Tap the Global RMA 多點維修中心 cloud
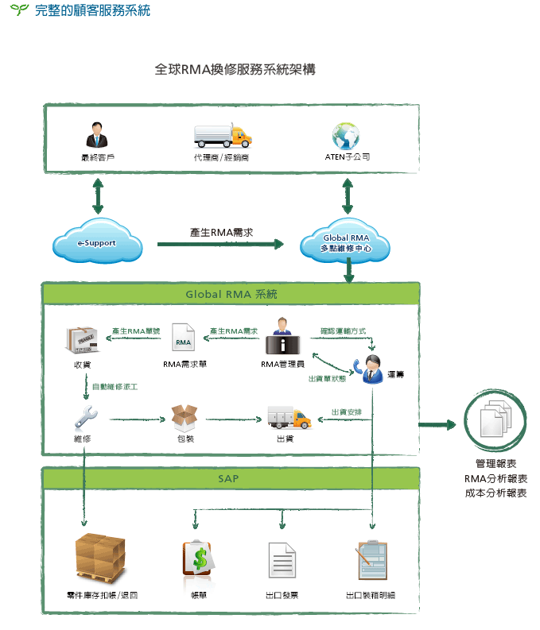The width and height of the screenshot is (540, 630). (347, 242)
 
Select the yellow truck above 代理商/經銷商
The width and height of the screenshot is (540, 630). (223, 136)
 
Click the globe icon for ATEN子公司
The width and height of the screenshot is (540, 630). (347, 136)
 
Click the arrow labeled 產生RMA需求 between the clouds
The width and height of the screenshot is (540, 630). (221, 244)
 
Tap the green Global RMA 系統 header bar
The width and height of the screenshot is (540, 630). (231, 294)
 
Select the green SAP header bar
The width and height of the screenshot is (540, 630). (231, 479)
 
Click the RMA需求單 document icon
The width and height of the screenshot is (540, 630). (184, 340)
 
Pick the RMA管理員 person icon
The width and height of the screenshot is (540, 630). (282, 338)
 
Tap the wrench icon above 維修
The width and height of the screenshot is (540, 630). (86, 416)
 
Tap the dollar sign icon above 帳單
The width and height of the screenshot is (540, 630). (199, 559)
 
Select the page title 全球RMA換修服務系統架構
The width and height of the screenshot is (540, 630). (235, 70)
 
